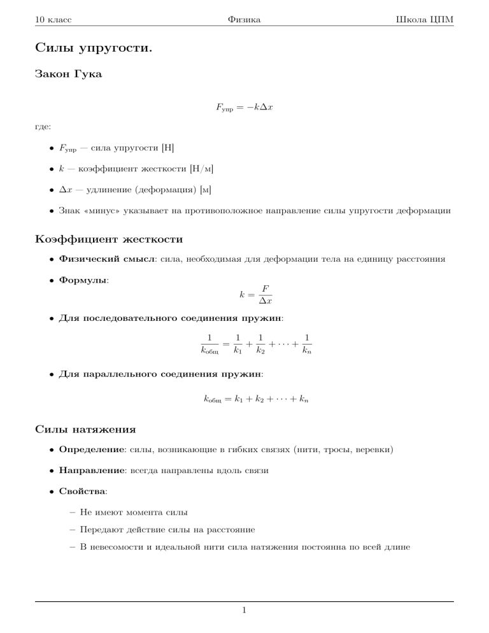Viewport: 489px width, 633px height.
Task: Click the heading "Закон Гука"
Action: (68, 75)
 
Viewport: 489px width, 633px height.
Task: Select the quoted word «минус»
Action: (104, 211)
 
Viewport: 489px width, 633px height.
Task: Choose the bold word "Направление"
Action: (92, 472)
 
